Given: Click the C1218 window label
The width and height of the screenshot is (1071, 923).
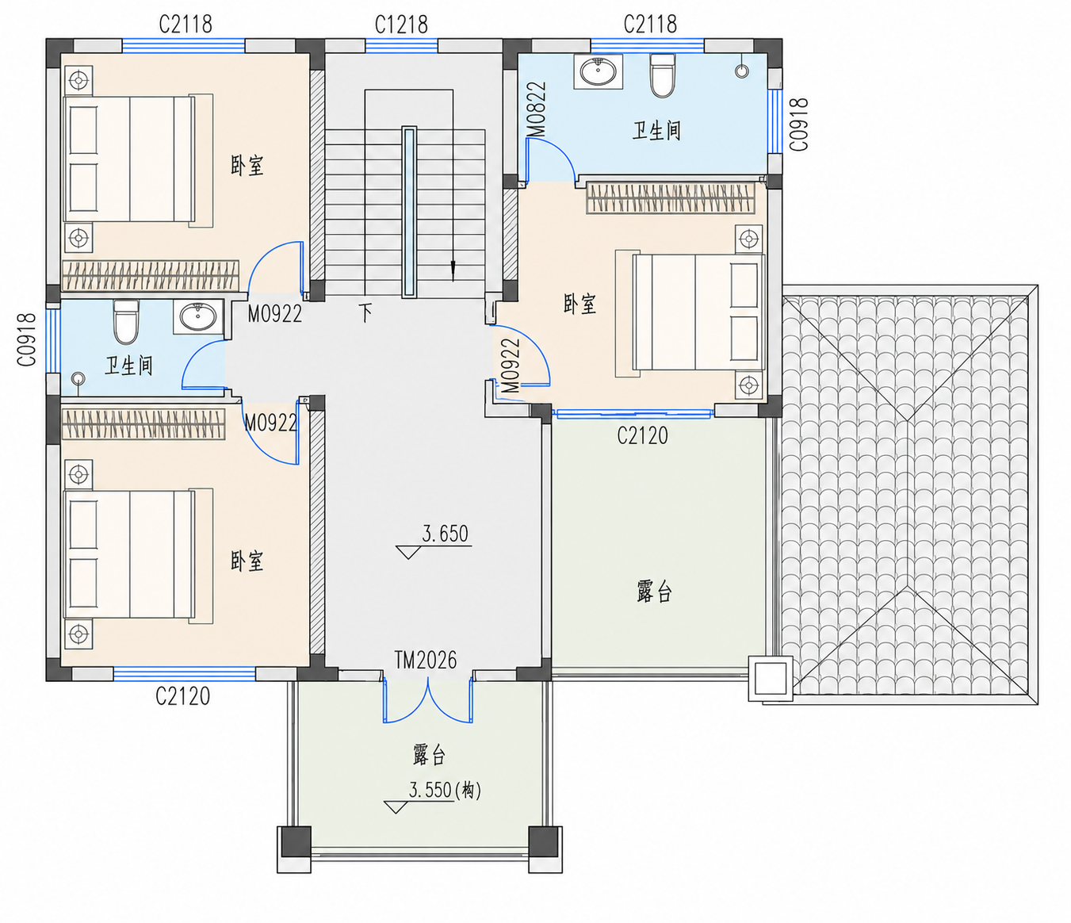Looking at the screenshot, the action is (x=401, y=25).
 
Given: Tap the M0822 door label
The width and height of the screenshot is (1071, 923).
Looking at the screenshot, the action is (x=537, y=110).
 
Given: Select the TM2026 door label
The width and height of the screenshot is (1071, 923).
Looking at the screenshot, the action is (x=426, y=661).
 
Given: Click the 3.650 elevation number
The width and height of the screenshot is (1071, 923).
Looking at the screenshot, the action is (x=445, y=534).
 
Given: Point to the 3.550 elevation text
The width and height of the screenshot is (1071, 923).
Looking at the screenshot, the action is (x=445, y=791).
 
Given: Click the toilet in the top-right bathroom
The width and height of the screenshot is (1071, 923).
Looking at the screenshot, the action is (x=662, y=75).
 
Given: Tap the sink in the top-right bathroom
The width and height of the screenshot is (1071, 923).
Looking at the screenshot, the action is (x=598, y=71).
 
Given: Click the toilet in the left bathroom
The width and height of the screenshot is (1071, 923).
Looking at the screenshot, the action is (x=126, y=322).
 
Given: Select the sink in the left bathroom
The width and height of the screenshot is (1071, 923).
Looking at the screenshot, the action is (x=198, y=316).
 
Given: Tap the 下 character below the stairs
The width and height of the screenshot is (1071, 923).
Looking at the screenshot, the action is (x=365, y=312).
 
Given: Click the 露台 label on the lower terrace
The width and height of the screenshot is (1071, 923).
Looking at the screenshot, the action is (x=429, y=755).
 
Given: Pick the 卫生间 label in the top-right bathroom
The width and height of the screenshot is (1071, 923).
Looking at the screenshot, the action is (x=656, y=131).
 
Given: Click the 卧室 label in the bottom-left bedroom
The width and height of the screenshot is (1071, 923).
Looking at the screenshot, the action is (x=247, y=561).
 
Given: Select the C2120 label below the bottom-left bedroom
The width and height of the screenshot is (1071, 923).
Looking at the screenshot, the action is (x=183, y=696).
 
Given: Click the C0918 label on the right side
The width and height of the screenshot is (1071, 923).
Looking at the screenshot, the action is (x=798, y=124).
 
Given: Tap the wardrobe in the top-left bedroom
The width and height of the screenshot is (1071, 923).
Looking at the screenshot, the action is (x=151, y=275).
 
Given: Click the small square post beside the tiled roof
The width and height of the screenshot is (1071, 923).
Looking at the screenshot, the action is (x=771, y=679).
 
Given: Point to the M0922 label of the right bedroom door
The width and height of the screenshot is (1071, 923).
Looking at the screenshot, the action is (x=511, y=366).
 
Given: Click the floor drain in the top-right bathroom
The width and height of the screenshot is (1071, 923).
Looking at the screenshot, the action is (x=742, y=71).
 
